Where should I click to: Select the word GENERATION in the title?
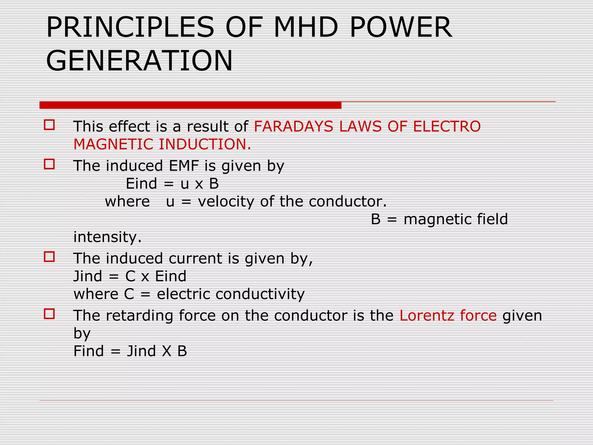139,61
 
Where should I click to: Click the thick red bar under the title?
190,105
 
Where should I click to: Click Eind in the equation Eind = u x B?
141,184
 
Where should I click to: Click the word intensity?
107,237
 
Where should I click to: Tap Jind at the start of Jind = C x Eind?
88,276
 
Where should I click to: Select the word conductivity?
260,294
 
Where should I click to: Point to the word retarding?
139,315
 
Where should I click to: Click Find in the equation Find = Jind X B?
89,351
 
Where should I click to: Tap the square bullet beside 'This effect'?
49,125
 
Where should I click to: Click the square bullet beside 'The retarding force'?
49,314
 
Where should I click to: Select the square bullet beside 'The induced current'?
49,257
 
